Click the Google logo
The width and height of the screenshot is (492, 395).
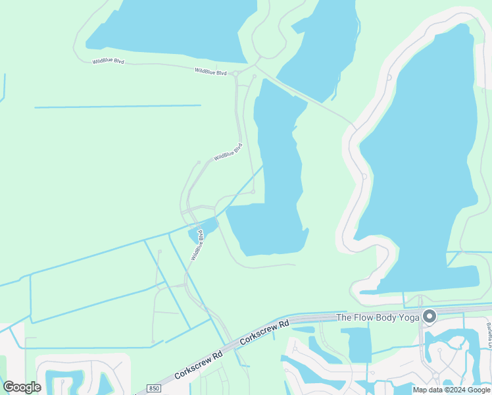[x=22, y=387]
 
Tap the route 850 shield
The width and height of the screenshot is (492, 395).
[x=153, y=388]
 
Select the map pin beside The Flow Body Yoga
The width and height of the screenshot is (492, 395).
[x=430, y=317]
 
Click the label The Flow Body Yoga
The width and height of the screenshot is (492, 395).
[x=378, y=317]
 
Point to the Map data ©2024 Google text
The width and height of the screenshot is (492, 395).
[x=451, y=390]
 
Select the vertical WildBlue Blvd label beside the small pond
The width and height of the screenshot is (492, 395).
[x=197, y=246]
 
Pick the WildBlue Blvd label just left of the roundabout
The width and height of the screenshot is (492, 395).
[x=210, y=70]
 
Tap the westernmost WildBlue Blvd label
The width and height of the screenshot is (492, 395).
[x=108, y=61]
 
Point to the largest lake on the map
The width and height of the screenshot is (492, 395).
[x=421, y=165]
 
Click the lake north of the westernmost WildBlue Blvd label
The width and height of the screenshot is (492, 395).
[x=171, y=26]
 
